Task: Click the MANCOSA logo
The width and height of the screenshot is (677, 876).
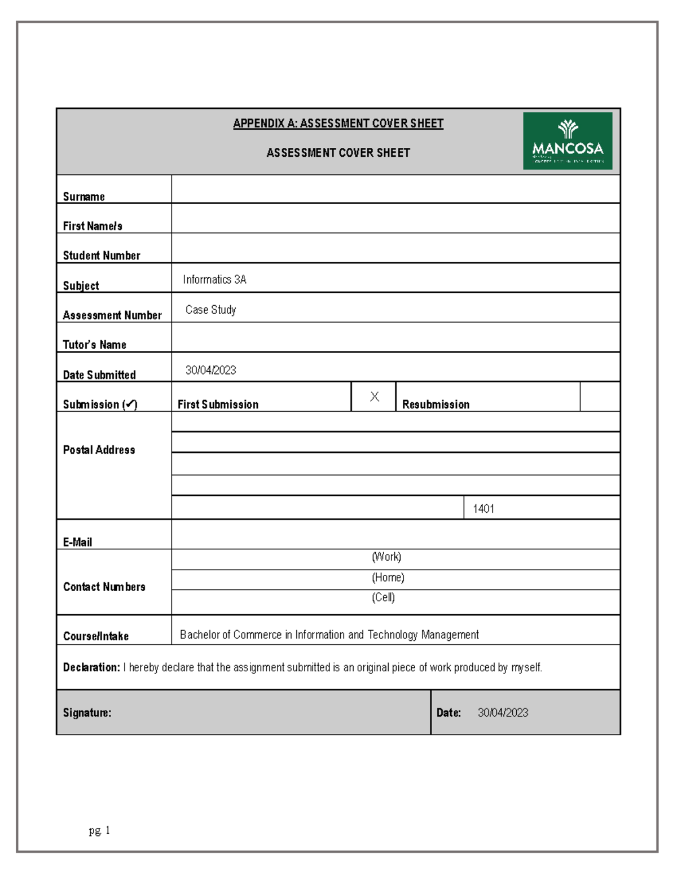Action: (567, 141)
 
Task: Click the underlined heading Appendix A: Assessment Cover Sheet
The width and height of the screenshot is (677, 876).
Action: (338, 124)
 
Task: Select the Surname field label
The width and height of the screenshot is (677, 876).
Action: (83, 197)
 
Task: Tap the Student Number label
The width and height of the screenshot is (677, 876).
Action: (102, 256)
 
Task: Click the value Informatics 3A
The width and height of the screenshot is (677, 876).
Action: (214, 280)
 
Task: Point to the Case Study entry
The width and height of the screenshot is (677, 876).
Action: (210, 310)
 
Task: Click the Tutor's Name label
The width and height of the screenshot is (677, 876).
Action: (94, 345)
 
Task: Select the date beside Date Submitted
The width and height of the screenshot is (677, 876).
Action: (210, 371)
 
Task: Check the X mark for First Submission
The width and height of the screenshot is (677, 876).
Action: (374, 397)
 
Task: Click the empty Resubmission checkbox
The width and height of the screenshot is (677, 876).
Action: (599, 397)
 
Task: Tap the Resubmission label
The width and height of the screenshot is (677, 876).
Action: (436, 404)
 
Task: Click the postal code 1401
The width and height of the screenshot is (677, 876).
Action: (483, 509)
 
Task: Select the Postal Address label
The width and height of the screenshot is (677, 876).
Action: (99, 450)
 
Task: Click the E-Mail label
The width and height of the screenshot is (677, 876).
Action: (77, 542)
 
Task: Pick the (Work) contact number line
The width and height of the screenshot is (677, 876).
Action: (386, 557)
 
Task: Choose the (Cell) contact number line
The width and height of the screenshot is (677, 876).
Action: (383, 598)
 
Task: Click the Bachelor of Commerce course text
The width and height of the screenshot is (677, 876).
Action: (329, 635)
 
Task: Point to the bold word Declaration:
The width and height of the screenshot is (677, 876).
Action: (91, 667)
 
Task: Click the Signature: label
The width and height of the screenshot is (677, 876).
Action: (87, 713)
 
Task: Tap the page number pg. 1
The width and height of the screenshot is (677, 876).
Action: (99, 830)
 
